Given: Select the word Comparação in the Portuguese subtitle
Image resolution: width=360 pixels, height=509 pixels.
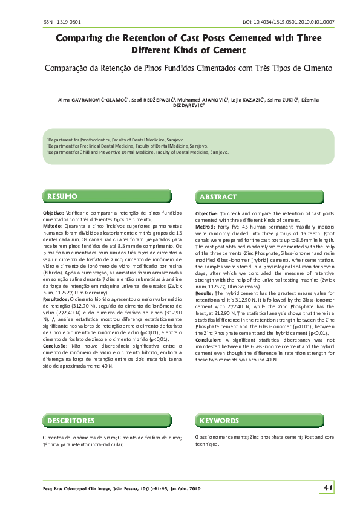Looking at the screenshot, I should tap(69, 68).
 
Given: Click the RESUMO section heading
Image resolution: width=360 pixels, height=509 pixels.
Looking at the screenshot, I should tap(63, 196).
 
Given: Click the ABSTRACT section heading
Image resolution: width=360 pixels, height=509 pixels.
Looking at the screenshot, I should tap(218, 197).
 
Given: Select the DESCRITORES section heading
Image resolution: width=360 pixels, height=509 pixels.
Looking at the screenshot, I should tap(71, 420).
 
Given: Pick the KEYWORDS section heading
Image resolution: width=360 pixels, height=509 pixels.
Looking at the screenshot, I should tap(220, 420).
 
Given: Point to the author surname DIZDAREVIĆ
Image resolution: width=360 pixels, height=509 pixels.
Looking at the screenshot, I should tap(188, 105).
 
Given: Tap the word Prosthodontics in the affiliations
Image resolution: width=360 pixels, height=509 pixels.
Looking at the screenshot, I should tap(91, 140).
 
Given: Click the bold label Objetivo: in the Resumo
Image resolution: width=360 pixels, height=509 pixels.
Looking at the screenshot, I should tap(53, 213).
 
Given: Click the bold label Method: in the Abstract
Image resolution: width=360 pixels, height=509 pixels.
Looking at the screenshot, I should tap(206, 226).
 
